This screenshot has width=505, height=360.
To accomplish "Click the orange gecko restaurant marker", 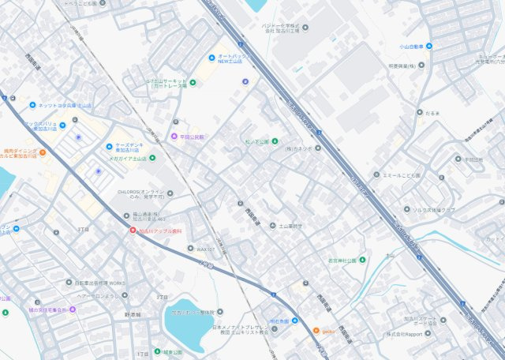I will [x=316, y=331].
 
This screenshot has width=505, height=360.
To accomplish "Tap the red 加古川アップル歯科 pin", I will [x=133, y=231].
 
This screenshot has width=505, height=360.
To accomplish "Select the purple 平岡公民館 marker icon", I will [x=174, y=136].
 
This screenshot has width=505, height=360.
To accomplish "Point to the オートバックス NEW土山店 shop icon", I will [x=211, y=58].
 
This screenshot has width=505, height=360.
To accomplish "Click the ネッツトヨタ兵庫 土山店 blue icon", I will [x=32, y=105].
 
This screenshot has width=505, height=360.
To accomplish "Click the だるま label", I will [x=432, y=113].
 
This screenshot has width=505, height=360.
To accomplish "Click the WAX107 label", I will [x=204, y=249].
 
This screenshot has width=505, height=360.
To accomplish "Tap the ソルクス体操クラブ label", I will [x=433, y=209].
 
